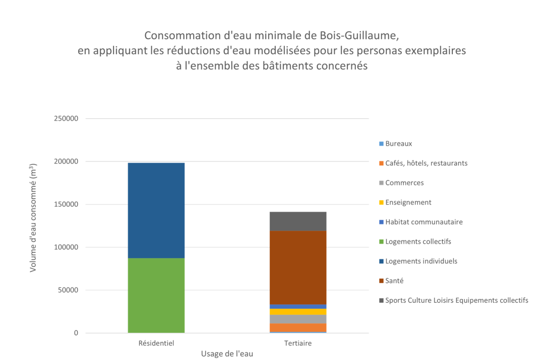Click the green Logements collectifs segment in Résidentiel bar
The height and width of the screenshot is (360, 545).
(156, 295)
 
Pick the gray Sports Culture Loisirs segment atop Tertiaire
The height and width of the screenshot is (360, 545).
(298, 221)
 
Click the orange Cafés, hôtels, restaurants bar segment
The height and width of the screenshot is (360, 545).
(298, 327)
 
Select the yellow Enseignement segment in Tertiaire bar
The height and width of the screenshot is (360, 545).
(298, 311)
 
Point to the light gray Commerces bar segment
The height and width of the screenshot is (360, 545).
(298, 319)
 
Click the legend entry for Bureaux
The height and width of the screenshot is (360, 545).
(398, 144)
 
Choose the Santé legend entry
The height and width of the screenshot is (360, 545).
(394, 281)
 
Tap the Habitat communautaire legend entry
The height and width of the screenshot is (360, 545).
(423, 222)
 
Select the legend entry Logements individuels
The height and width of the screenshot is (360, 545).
(421, 261)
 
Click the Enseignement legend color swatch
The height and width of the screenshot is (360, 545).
(381, 203)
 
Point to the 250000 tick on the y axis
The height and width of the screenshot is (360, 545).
(66, 119)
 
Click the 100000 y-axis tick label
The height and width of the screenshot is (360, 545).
(66, 247)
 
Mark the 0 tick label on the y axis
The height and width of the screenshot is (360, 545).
(76, 333)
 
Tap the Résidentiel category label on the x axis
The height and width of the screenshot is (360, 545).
(156, 344)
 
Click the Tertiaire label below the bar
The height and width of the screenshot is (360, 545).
(298, 344)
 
